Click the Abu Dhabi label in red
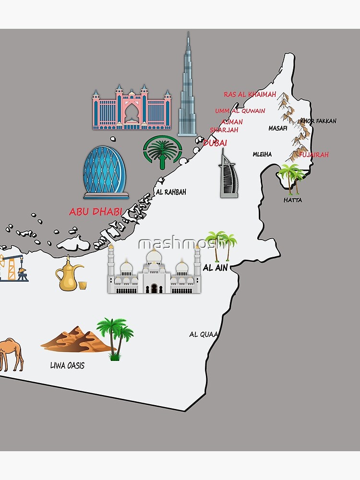(x=95, y=212)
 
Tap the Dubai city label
(x=215, y=143)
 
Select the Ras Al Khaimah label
(x=250, y=95)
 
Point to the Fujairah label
(x=314, y=155)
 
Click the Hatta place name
(x=292, y=200)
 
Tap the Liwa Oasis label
(x=67, y=365)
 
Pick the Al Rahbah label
(x=171, y=192)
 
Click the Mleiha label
(x=262, y=154)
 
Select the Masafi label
(x=278, y=128)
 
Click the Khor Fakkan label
(x=319, y=121)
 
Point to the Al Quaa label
(x=203, y=334)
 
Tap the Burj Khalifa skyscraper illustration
(x=188, y=91)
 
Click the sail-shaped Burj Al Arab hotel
(x=228, y=175)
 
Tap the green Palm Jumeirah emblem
(x=163, y=152)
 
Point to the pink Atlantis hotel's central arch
(x=132, y=113)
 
